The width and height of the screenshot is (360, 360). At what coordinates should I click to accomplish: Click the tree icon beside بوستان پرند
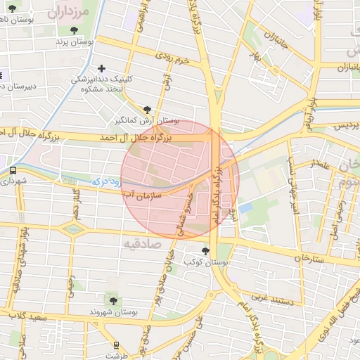tap(75, 30)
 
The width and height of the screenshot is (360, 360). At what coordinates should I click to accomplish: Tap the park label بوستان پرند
tap(75, 42)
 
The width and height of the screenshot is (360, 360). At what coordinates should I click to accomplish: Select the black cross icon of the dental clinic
tap(103, 69)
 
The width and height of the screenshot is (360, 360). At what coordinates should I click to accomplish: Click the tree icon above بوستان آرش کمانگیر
tap(147, 110)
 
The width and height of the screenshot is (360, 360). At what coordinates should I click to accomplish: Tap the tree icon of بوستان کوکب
tap(205, 251)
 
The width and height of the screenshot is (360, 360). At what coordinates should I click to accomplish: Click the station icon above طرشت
tap(117, 345)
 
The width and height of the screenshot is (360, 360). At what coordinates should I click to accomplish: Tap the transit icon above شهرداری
tap(13, 171)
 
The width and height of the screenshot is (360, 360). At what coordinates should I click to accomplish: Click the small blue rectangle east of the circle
tap(245, 207)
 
